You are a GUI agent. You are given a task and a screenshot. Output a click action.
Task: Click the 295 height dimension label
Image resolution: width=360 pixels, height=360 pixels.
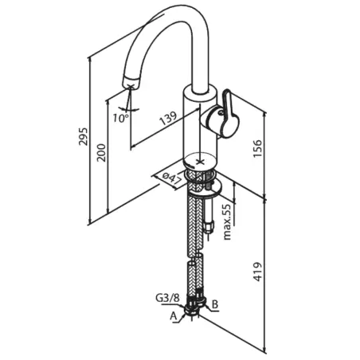pyautogui.click(x=84, y=136)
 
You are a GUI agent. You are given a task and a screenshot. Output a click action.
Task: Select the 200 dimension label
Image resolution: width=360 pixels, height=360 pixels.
pyautogui.click(x=101, y=153)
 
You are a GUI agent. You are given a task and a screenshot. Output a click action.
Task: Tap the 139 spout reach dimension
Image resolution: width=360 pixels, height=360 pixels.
pyautogui.click(x=168, y=119)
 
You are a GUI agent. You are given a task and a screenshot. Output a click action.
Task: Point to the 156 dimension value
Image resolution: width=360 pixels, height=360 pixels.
pyautogui.click(x=257, y=148)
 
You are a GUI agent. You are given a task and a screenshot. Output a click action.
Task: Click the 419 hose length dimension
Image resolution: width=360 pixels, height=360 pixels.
pyautogui.click(x=257, y=272)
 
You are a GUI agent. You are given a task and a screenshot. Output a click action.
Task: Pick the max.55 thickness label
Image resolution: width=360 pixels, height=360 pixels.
pyautogui.click(x=228, y=222)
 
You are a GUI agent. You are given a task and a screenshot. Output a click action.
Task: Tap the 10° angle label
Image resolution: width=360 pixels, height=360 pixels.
pyautogui.click(x=121, y=118)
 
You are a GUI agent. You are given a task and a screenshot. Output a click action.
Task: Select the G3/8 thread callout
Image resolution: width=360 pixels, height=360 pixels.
pyautogui.click(x=167, y=298)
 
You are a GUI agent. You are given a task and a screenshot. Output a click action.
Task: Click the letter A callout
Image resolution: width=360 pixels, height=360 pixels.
pyautogui.click(x=174, y=316)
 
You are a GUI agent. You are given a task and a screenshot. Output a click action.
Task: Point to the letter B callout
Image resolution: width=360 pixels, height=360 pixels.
pyautogui.click(x=215, y=304)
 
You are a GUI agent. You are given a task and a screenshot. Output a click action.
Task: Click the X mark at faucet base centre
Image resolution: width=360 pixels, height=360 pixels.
pyautogui.click(x=199, y=162)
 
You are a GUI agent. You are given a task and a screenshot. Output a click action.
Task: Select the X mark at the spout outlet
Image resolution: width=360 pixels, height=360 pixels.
pyautogui.click(x=130, y=86)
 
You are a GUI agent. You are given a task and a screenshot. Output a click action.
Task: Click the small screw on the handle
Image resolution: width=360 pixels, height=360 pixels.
pyautogui.click(x=221, y=112)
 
